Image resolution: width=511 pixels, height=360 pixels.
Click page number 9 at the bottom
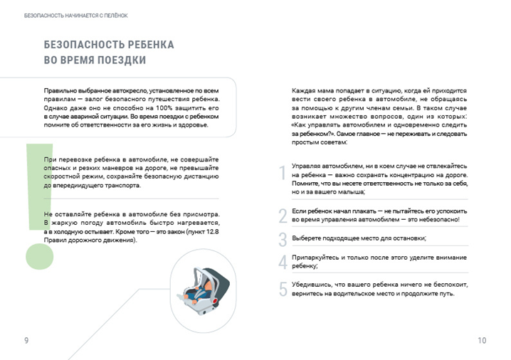[x=26, y=341]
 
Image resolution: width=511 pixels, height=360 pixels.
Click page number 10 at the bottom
[x=482, y=341]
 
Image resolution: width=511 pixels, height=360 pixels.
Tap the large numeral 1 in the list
[x=283, y=174]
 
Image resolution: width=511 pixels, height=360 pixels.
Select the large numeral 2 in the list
[x=283, y=216]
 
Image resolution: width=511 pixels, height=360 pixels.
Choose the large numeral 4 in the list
[x=283, y=262]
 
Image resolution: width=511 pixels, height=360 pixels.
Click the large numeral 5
[x=283, y=289]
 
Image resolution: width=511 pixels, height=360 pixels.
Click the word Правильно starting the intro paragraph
[x=60, y=91]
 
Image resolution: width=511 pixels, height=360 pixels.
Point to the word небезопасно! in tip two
[x=439, y=219]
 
